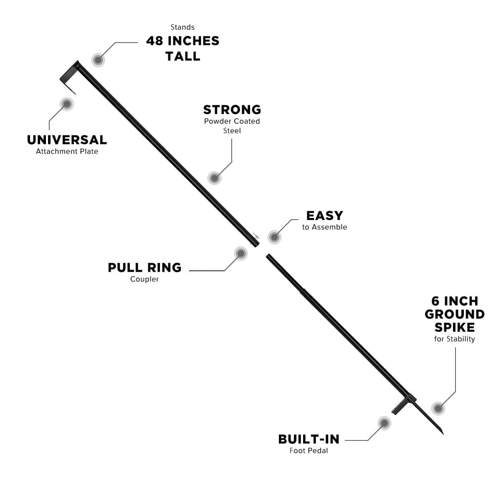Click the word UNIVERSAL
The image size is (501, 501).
67,140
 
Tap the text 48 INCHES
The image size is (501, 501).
183,41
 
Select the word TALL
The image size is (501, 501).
183,56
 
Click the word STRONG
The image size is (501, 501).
232,109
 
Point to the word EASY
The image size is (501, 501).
324,215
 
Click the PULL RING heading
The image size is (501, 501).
144,268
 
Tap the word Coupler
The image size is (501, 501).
144,279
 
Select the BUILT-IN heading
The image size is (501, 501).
309,439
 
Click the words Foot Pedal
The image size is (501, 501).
309,450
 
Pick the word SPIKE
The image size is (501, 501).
455,327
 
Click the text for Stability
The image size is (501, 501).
455,339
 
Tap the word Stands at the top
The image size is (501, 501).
182,27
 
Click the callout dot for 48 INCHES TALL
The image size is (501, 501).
98,60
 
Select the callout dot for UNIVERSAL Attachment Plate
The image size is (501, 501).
67,104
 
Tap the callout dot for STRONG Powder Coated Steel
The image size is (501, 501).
214,178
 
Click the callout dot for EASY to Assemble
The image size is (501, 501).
274,237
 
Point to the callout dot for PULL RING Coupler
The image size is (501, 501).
241,253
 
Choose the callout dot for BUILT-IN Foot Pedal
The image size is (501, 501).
384,423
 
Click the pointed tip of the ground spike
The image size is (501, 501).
443,434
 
